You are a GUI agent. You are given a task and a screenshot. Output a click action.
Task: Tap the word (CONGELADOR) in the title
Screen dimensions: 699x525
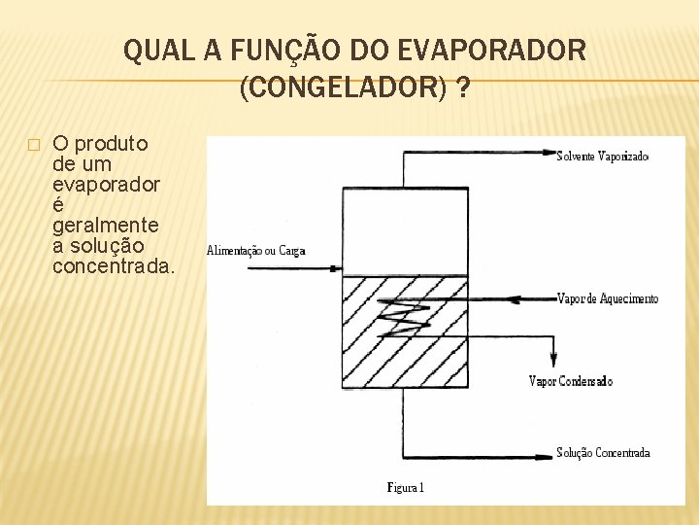coord(343,89)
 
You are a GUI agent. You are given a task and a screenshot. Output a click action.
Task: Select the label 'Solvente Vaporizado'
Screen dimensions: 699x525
coord(602,156)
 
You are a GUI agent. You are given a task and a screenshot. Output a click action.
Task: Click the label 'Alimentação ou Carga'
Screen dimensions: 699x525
coord(256,251)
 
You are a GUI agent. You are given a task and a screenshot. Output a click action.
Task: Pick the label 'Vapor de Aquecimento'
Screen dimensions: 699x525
coord(608,298)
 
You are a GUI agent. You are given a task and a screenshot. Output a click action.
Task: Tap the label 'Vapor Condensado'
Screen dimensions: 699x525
coord(571,382)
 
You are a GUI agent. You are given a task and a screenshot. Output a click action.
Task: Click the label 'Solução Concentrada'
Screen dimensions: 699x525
coord(603,453)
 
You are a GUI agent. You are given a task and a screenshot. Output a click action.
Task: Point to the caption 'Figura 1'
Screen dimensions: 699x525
coord(406,487)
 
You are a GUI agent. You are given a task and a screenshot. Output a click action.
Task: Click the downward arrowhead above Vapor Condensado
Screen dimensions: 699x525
coord(554,360)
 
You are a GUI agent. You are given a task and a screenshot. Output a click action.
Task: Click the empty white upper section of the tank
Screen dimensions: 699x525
coord(406,230)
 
